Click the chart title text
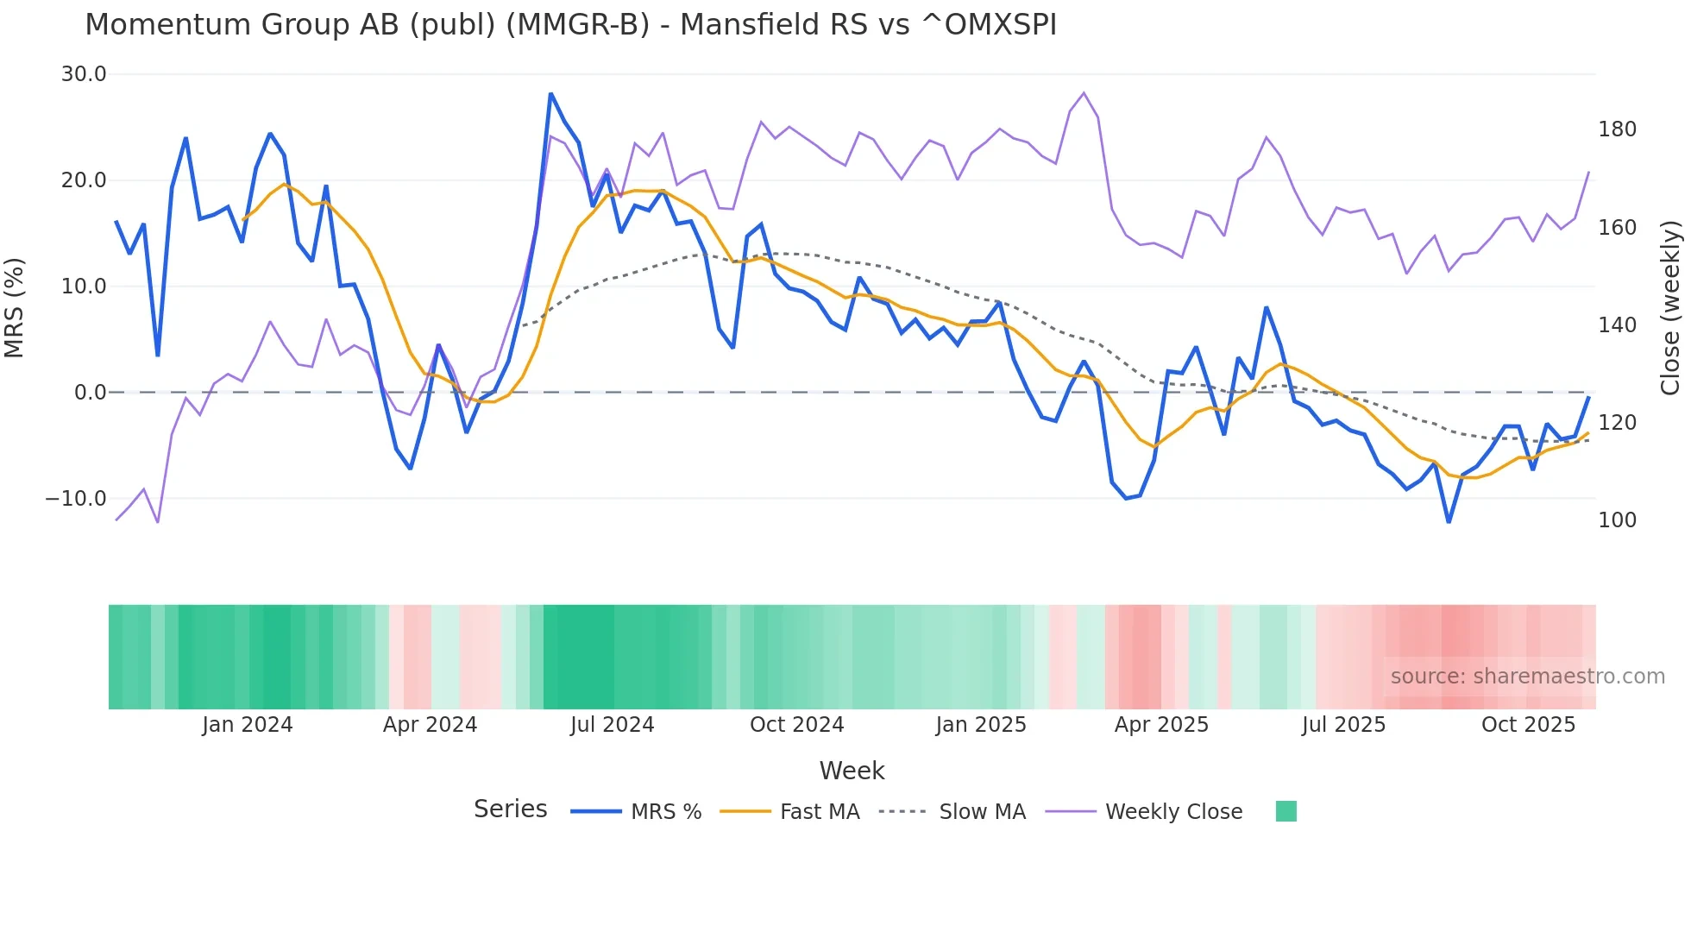[570, 25]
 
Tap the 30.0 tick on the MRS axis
[84, 74]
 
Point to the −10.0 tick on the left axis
[76, 499]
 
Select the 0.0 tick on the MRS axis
[90, 393]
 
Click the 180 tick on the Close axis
[1617, 129]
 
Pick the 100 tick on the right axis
[1617, 520]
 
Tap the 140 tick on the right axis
[1617, 325]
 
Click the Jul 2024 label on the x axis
[612, 725]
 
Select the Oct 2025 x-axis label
[1528, 725]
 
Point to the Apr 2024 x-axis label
[430, 725]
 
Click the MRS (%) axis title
[15, 307]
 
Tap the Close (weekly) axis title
[1671, 307]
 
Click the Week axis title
[852, 771]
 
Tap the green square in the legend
[1286, 811]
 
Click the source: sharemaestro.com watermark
[1527, 677]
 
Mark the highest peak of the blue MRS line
[550, 94]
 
